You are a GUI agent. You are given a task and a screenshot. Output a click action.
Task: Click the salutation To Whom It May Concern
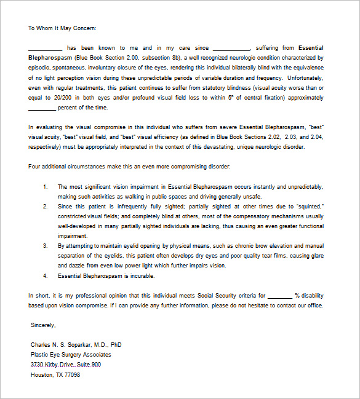click(62, 28)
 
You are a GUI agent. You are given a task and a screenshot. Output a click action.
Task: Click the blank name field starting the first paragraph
click(45, 48)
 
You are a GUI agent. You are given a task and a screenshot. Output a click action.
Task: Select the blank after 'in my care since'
click(231, 48)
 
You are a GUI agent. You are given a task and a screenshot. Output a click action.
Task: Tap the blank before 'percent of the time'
click(42, 108)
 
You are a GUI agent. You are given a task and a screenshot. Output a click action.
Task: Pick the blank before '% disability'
click(280, 296)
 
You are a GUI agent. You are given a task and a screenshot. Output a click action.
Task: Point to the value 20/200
click(62, 98)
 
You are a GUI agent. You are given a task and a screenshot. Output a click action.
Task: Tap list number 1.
click(45, 186)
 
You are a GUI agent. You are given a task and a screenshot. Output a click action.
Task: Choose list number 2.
click(45, 206)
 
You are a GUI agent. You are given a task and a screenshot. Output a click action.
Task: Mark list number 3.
click(45, 245)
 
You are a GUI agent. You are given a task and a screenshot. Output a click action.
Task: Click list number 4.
click(45, 275)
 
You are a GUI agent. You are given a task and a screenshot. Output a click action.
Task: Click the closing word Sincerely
click(43, 325)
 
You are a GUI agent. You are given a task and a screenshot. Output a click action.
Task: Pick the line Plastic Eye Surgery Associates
click(71, 355)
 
